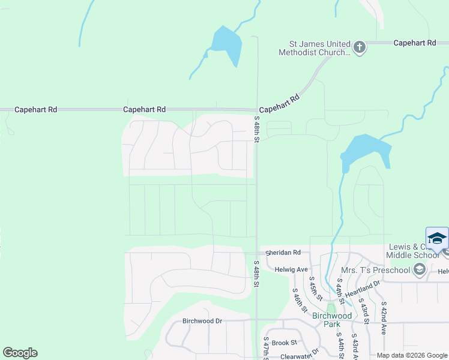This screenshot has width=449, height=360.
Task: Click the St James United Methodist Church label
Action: point(314,47)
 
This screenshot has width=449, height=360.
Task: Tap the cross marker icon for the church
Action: point(360,47)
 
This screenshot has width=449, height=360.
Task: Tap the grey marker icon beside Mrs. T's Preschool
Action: point(419,270)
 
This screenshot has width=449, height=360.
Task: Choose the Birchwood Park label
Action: point(332,319)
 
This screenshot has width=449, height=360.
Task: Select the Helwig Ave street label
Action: point(291,269)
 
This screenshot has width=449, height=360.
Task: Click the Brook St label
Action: point(284,343)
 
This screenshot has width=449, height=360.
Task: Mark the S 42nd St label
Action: point(384,317)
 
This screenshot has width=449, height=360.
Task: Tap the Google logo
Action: point(20,353)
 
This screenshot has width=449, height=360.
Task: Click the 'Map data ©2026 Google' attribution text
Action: point(411,355)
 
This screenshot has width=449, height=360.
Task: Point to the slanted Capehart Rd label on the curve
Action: point(279,101)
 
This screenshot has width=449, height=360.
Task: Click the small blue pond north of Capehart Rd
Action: point(226,44)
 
